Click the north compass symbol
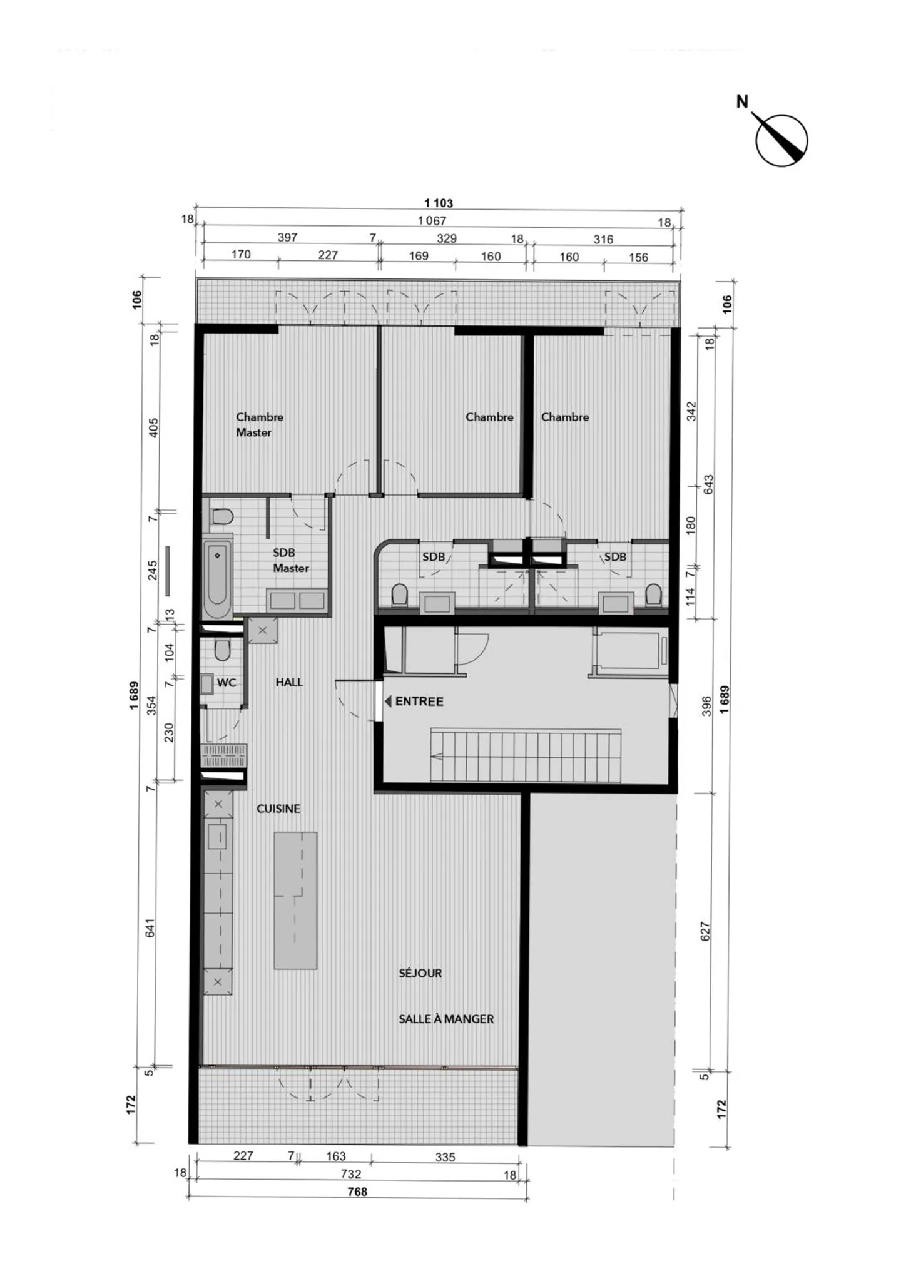point(780,140)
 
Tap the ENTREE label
point(419,702)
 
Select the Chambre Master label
point(259,424)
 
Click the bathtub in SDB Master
point(217,576)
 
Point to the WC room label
point(226,682)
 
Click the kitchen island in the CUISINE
point(295,901)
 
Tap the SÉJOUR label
point(420,973)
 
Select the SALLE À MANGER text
point(446,1019)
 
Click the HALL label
point(289,682)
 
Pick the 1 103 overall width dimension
point(438,203)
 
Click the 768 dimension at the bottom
point(357,1192)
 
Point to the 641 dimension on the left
point(150,927)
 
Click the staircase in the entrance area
point(526,756)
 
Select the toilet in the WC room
point(221,650)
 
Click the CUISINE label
point(278,809)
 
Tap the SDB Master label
point(290,560)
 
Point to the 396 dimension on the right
point(706,706)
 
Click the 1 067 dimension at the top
point(432,220)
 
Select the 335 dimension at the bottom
point(445,1157)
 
